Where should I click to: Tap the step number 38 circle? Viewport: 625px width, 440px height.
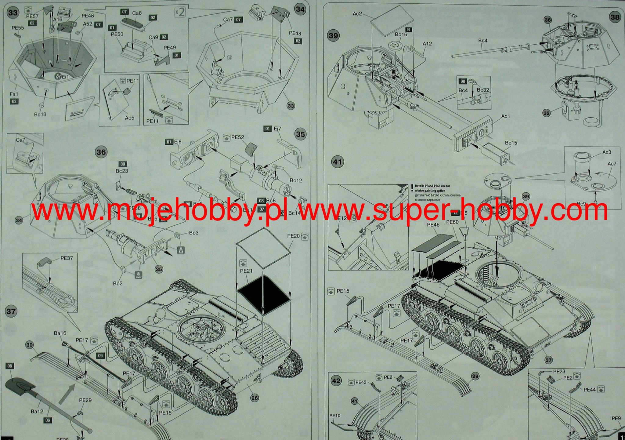(x=615, y=17)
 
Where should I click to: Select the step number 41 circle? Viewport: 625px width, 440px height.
(x=337, y=162)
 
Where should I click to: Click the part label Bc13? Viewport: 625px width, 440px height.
(x=40, y=115)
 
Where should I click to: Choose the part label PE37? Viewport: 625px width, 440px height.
(x=67, y=258)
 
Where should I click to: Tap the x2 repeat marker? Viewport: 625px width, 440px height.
(x=180, y=12)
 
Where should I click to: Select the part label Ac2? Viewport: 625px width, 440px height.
(x=357, y=14)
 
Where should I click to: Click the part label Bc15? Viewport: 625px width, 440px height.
(x=511, y=143)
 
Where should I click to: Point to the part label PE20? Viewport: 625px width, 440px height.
(x=293, y=236)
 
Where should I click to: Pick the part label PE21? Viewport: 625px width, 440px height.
(x=246, y=271)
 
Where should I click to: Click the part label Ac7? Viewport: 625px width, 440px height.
(x=612, y=164)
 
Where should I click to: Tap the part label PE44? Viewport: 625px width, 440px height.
(x=589, y=390)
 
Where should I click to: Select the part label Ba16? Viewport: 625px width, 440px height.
(x=60, y=333)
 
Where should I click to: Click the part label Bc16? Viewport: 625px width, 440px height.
(x=401, y=35)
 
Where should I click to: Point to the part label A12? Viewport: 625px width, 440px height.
(x=427, y=44)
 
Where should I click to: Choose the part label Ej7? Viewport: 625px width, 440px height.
(x=277, y=129)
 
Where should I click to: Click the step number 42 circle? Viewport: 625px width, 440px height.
(x=336, y=381)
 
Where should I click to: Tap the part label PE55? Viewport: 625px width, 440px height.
(x=18, y=28)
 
